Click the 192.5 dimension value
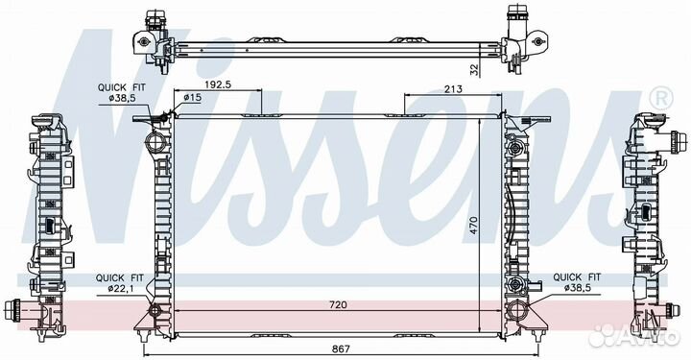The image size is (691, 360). tap(218, 84)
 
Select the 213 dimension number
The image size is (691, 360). tap(453, 89)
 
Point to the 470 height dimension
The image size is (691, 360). tap(473, 225)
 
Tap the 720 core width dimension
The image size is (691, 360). tap(338, 304)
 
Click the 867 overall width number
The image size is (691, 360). tap(340, 349)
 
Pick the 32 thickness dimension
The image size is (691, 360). tap(474, 70)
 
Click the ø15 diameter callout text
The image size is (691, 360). tap(192, 97)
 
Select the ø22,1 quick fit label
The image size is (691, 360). tap(119, 289)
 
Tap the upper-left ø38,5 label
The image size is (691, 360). tap(121, 98)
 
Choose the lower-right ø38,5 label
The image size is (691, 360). tap(578, 288)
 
